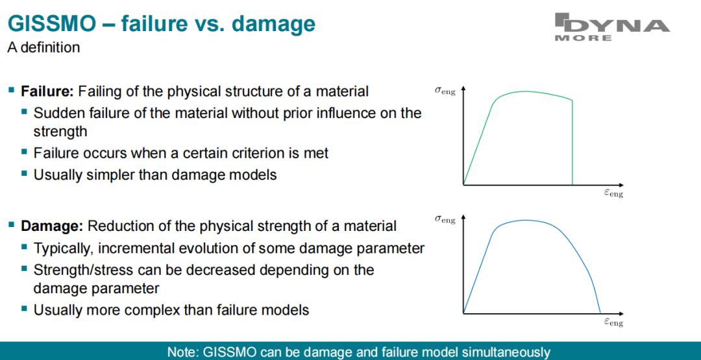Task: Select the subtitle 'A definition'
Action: point(43,47)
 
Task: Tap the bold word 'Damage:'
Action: point(53,226)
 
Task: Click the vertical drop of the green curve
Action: point(572,142)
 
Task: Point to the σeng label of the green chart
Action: point(445,91)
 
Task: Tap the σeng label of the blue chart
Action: point(445,219)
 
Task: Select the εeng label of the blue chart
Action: point(613,322)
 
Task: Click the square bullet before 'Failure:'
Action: point(11,91)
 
